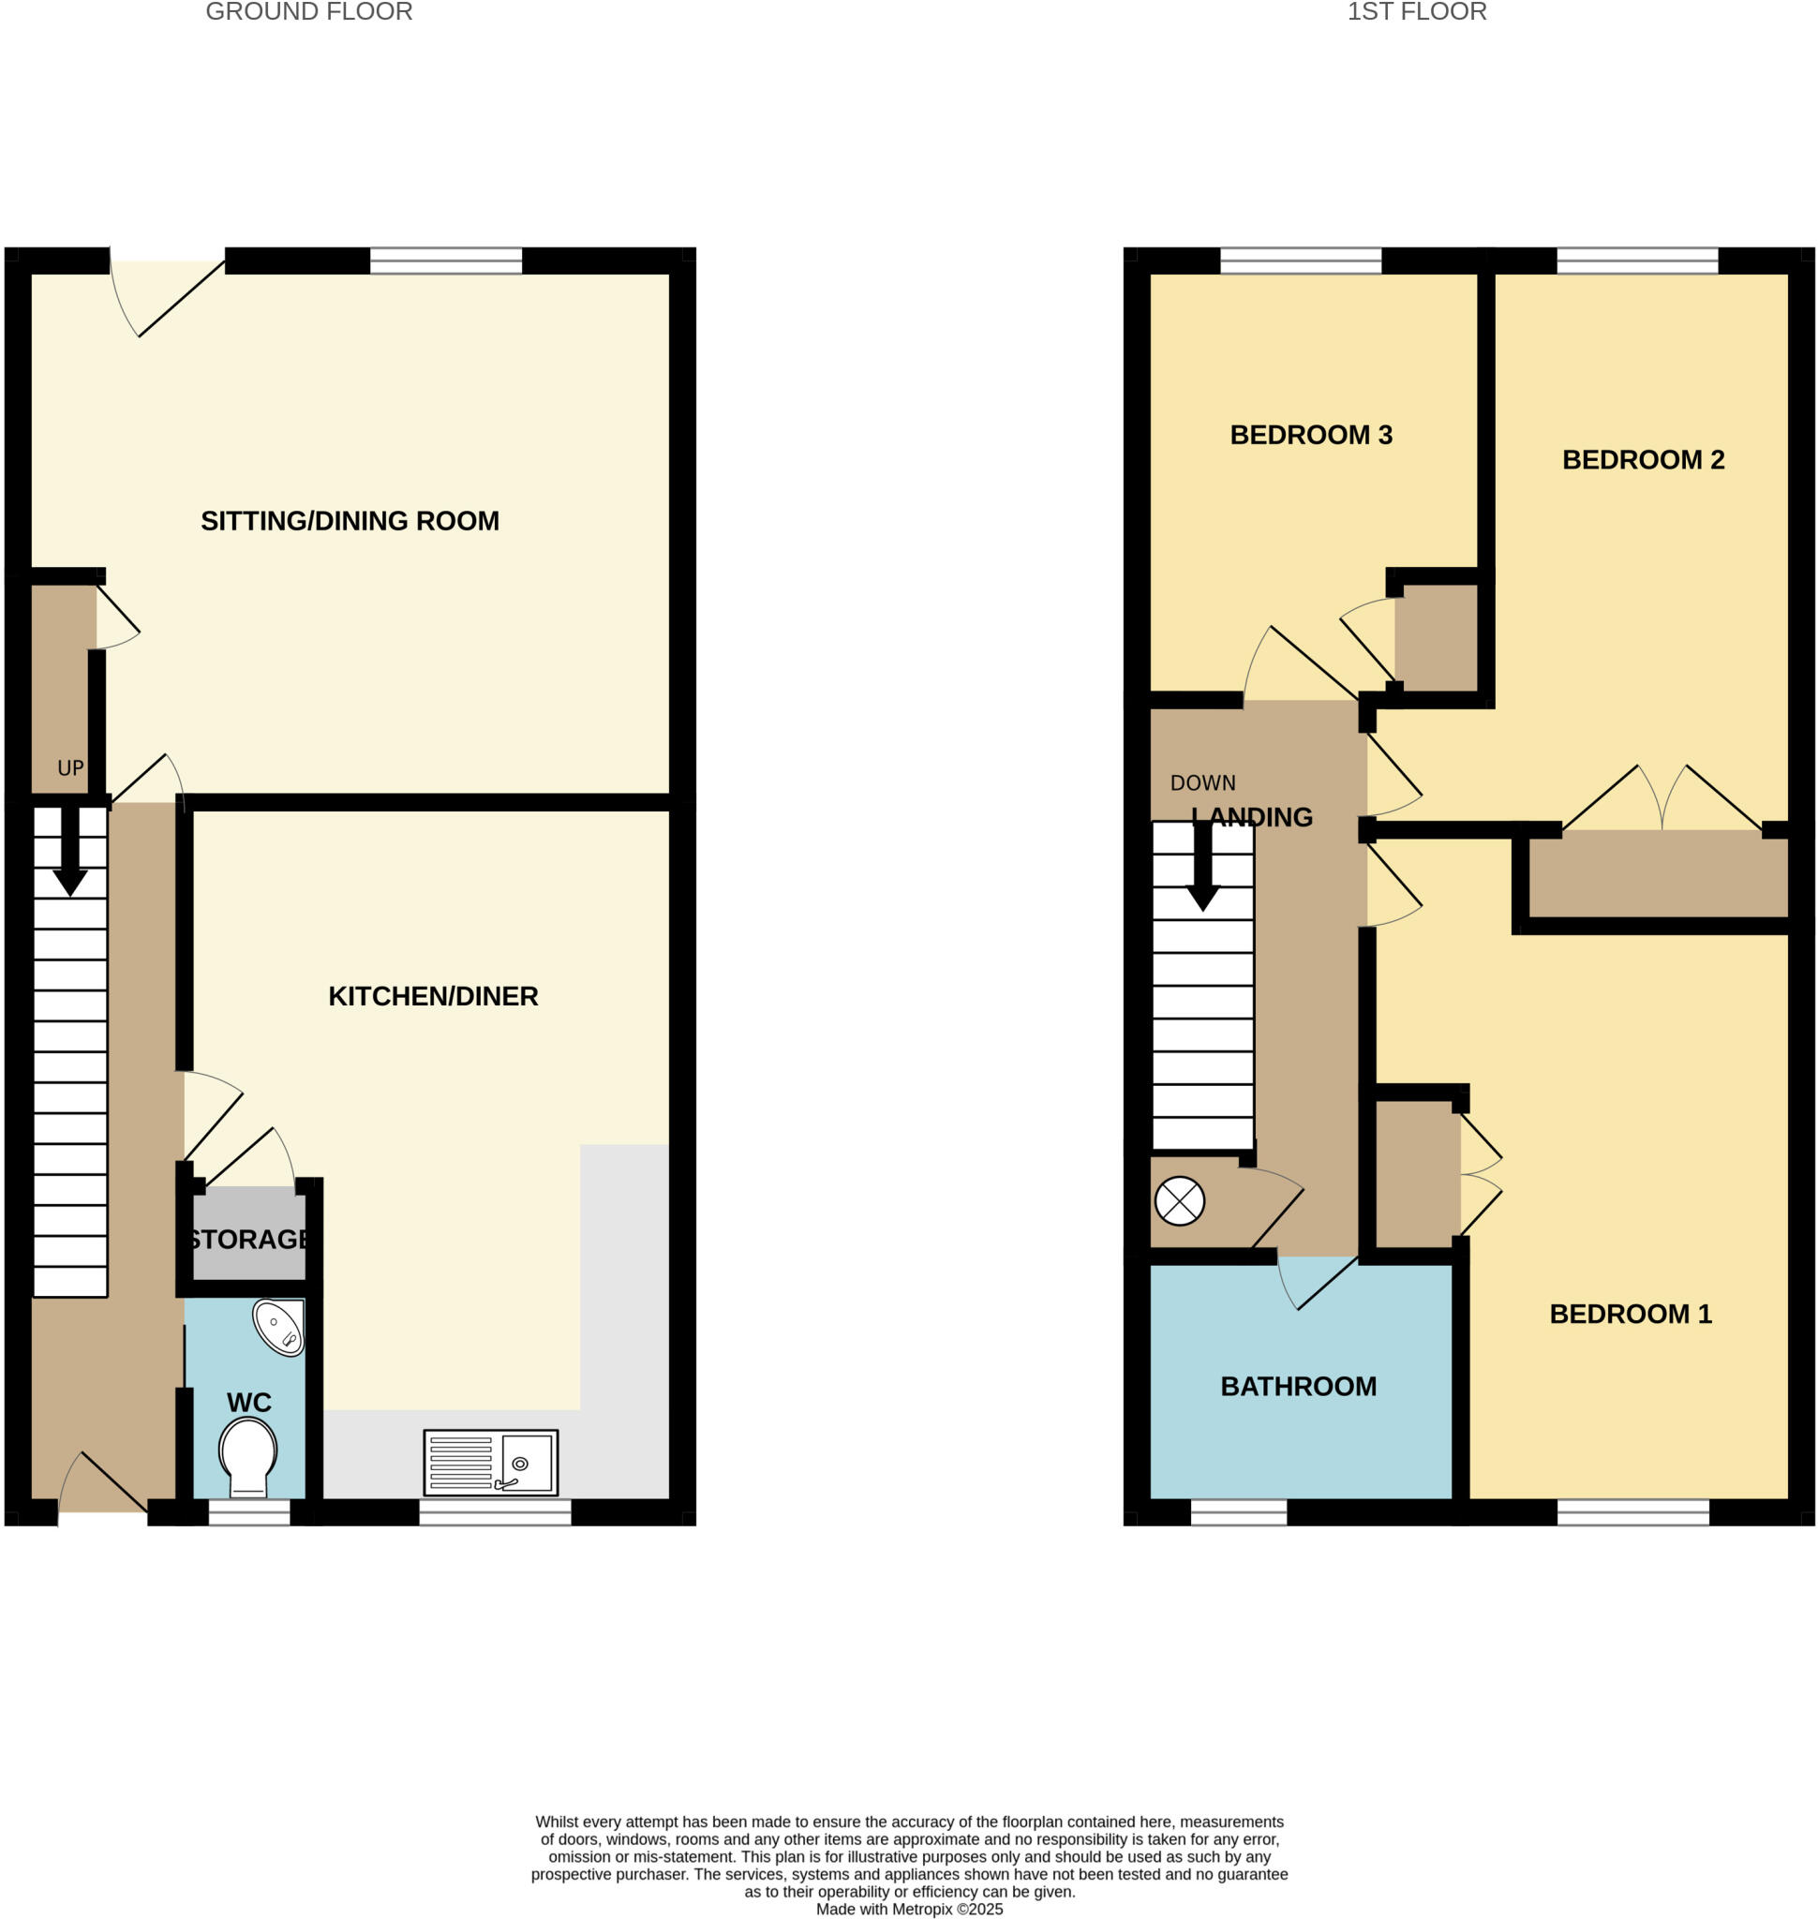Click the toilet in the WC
click(x=248, y=1456)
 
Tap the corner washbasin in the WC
click(x=279, y=1327)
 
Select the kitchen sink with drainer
click(x=490, y=1463)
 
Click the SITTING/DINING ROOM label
click(x=350, y=521)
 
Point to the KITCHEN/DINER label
click(x=433, y=996)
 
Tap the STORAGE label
click(x=249, y=1240)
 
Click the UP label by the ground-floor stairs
click(x=70, y=768)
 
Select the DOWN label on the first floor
click(x=1202, y=783)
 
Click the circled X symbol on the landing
click(x=1180, y=1202)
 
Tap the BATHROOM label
click(x=1298, y=1387)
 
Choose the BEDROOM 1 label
click(x=1630, y=1315)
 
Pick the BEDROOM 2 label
click(x=1643, y=459)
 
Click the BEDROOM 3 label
click(x=1310, y=435)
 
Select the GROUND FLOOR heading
click(x=309, y=11)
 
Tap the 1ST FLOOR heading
click(x=1416, y=11)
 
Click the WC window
click(x=249, y=1513)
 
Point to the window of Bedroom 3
click(x=1300, y=260)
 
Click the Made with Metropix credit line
click(x=909, y=1910)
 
